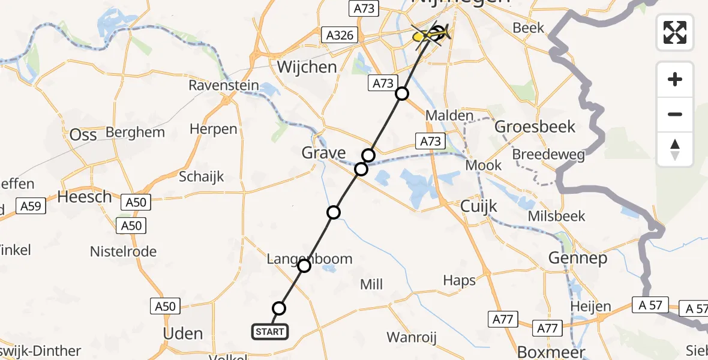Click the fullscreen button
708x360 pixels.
pyautogui.click(x=675, y=32)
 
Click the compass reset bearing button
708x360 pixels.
pyautogui.click(x=675, y=149)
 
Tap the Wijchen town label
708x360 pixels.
pyautogui.click(x=307, y=67)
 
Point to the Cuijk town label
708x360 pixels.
pyautogui.click(x=479, y=206)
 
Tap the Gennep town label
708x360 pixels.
pyautogui.click(x=578, y=259)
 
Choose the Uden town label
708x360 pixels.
pyautogui.click(x=183, y=334)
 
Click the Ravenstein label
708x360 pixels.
pyautogui.click(x=224, y=85)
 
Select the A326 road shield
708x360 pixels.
pyautogui.click(x=340, y=35)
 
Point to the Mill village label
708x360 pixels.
pyautogui.click(x=371, y=284)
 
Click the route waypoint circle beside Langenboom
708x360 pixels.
pyautogui.click(x=304, y=265)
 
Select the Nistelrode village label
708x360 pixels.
pyautogui.click(x=123, y=251)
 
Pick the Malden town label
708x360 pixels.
pyautogui.click(x=449, y=116)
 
